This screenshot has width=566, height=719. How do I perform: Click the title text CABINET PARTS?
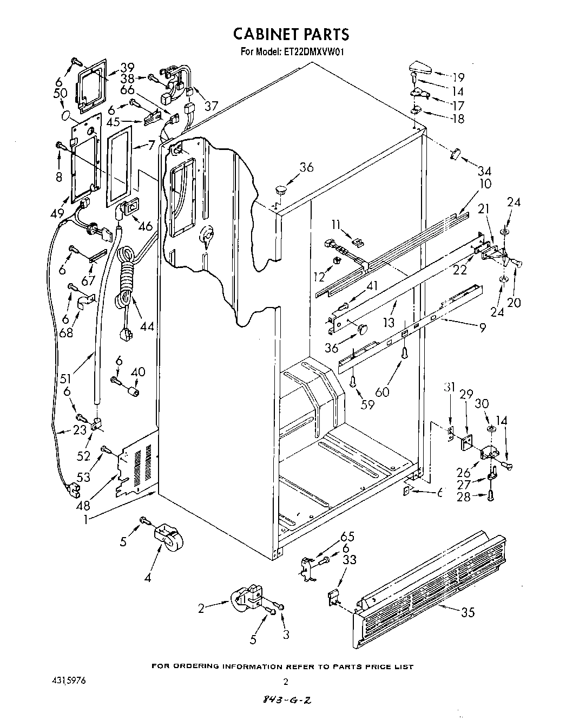click(291, 34)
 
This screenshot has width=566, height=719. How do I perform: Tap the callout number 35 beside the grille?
click(468, 612)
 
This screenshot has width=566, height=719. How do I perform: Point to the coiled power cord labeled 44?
click(126, 284)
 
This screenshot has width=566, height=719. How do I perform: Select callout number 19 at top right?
click(458, 77)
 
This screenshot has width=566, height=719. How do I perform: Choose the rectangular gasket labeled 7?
click(120, 165)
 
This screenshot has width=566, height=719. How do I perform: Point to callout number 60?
click(381, 391)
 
